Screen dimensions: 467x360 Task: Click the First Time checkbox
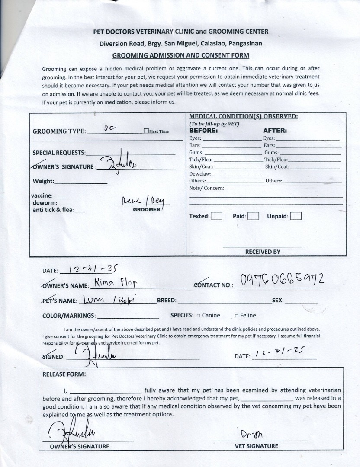(146, 131)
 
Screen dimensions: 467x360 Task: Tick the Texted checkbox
(217, 216)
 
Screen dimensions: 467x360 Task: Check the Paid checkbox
(254, 216)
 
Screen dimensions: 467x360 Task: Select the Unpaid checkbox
(296, 216)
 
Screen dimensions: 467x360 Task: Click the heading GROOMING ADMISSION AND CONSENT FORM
(181, 55)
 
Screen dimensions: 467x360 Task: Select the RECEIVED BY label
(263, 252)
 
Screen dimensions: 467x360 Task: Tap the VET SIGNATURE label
(257, 446)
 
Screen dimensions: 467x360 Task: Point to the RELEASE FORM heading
(64, 374)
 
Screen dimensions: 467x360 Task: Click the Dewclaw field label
(200, 174)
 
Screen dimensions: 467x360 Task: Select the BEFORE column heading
(203, 131)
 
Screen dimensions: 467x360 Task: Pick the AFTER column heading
(275, 131)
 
